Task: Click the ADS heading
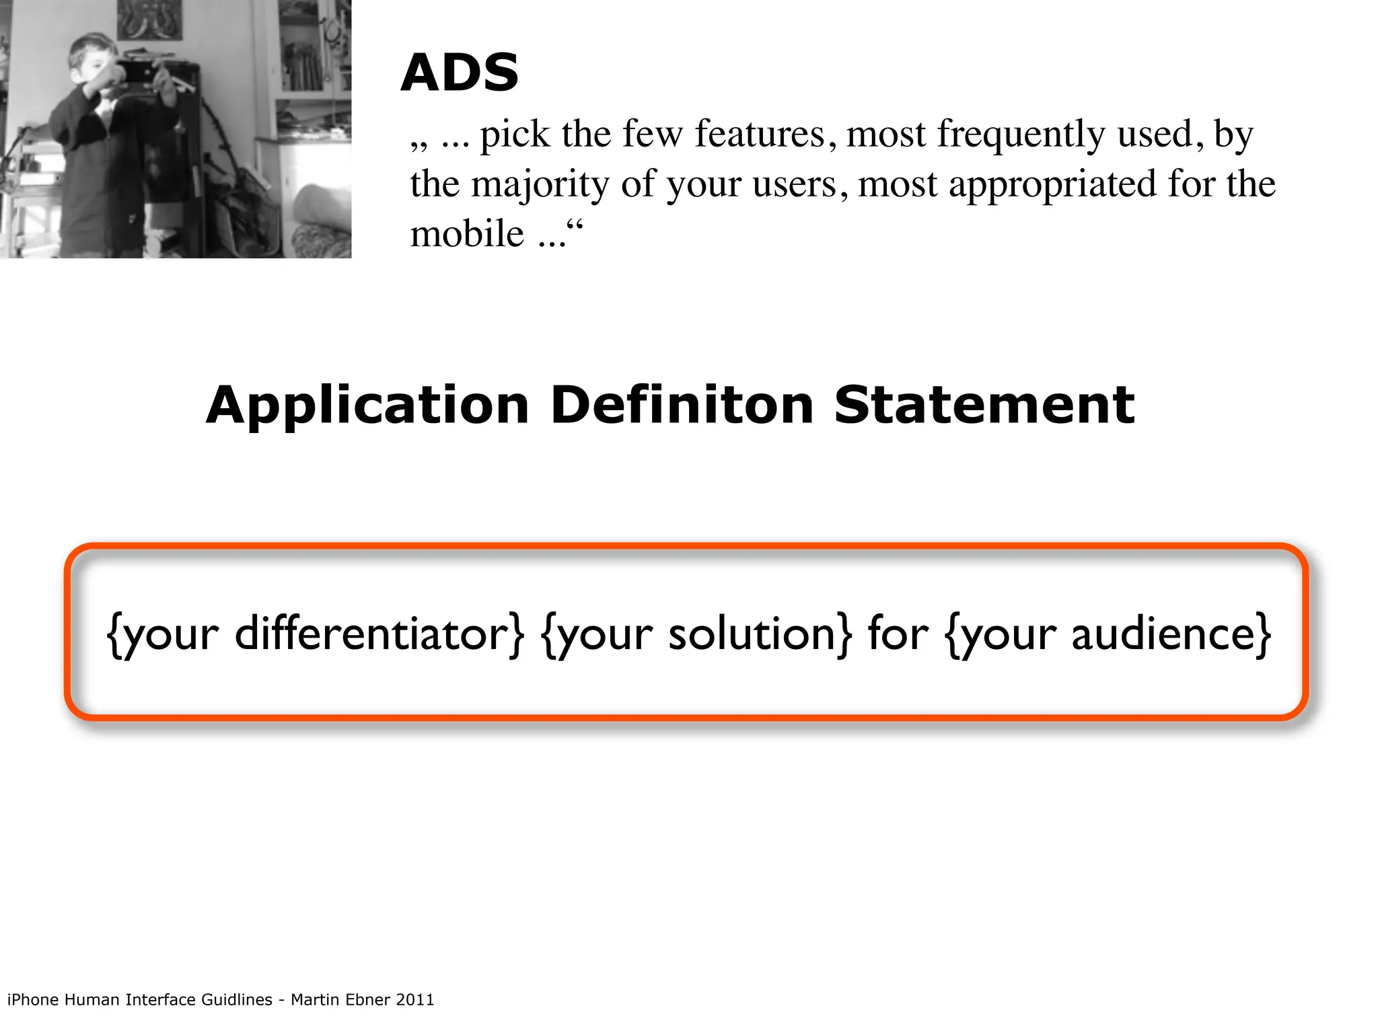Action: tap(460, 72)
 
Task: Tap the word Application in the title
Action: tap(367, 406)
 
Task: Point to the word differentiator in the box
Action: tap(377, 634)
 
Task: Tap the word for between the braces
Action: tap(898, 634)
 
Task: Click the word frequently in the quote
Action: tap(1021, 135)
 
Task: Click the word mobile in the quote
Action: tap(467, 234)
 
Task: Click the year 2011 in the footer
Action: tap(415, 999)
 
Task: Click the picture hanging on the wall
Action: tap(149, 18)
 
